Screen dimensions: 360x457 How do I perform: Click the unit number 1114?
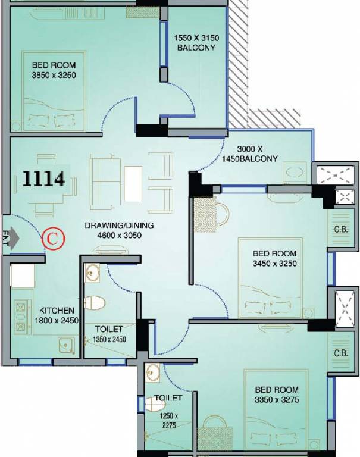click(43, 179)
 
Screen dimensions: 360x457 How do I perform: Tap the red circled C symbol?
click(53, 239)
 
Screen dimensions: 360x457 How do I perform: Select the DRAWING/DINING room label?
click(119, 226)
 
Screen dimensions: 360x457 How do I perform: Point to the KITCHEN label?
click(57, 311)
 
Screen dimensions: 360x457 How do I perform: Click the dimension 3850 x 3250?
click(54, 75)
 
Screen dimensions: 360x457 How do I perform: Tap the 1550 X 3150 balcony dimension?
click(196, 38)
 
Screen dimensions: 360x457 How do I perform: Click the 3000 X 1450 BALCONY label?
click(250, 154)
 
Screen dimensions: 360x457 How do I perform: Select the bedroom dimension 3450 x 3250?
click(274, 264)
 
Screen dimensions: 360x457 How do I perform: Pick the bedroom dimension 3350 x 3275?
click(277, 400)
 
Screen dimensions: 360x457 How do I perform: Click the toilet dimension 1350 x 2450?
click(109, 339)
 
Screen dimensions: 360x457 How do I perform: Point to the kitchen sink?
click(66, 345)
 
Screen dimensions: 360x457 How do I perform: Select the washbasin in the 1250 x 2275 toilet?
click(152, 373)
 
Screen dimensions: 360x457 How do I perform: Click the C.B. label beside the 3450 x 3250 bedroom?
click(341, 229)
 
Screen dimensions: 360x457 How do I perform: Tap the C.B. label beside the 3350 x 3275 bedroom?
click(341, 353)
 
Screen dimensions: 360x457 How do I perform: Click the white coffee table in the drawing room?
click(133, 184)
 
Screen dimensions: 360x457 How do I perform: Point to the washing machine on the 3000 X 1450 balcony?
click(295, 173)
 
